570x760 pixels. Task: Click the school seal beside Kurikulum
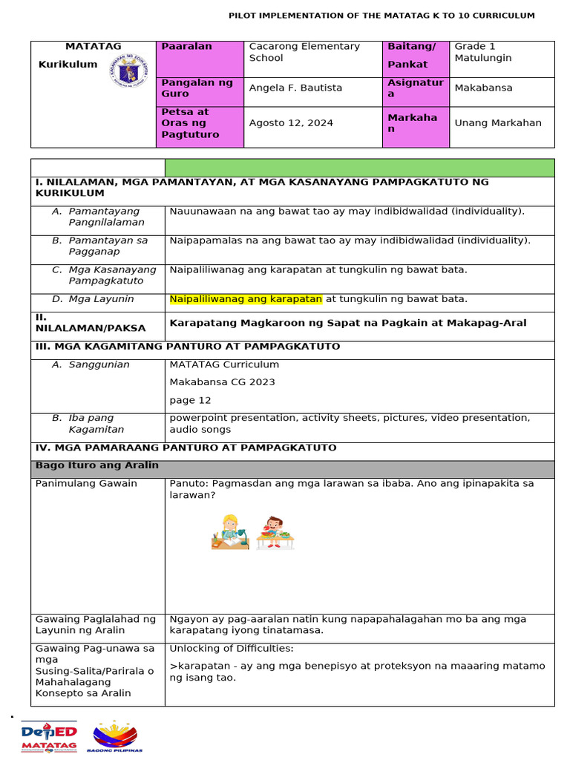point(128,72)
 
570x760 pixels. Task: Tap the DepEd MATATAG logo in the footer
point(49,736)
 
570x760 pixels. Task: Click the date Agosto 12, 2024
point(291,123)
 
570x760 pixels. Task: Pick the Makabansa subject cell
point(479,88)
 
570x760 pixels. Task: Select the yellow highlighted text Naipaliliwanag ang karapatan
point(246,299)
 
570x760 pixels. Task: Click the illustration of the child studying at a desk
point(229,531)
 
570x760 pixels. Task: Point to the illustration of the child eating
point(275,532)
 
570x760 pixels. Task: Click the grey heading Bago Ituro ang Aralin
point(97,466)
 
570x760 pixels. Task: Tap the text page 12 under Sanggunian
point(190,401)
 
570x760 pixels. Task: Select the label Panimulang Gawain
point(86,484)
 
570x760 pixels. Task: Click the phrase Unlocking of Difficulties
point(232,649)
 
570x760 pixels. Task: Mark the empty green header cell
point(359,168)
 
